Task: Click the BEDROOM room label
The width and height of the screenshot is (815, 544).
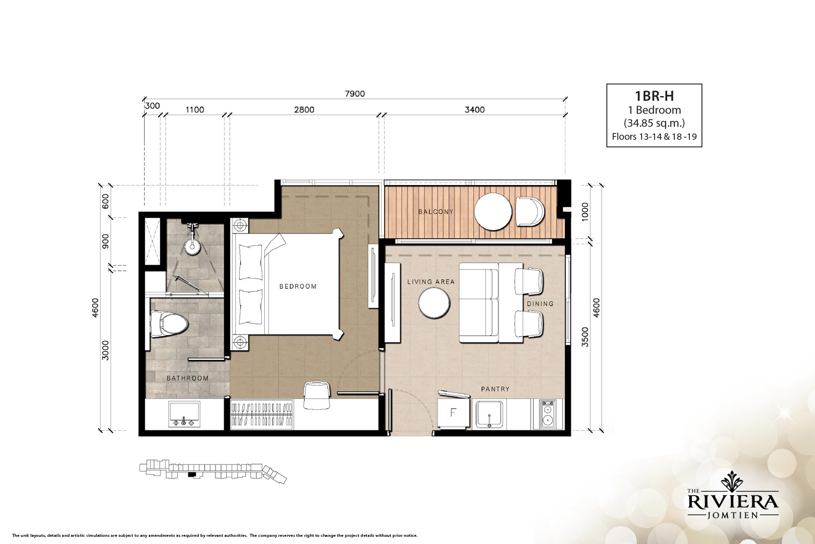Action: pos(298,287)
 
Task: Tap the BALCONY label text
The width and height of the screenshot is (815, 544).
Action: pos(436,212)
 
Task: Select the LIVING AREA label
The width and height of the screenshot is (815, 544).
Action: pos(431,282)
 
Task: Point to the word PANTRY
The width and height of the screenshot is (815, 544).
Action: pos(495,389)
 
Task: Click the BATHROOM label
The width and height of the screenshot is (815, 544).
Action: pos(188,378)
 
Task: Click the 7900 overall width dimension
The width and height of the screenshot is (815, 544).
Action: pos(355,94)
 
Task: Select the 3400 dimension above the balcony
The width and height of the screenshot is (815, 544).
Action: pos(475,110)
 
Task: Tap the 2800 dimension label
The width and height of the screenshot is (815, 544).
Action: pos(304,110)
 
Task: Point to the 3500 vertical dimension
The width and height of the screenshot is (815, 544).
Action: pos(585,337)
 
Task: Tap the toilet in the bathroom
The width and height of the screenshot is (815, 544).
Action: pos(169,324)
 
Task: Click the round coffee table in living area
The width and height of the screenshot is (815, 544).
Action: pos(434,303)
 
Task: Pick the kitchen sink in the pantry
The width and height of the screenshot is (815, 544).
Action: pos(490,415)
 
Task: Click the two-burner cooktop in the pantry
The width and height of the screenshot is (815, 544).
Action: pos(547,415)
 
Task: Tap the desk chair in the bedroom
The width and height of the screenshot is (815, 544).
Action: pos(317,395)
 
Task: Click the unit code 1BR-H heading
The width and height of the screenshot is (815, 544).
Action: pos(654,96)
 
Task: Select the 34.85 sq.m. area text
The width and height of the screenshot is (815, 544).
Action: pos(654,123)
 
